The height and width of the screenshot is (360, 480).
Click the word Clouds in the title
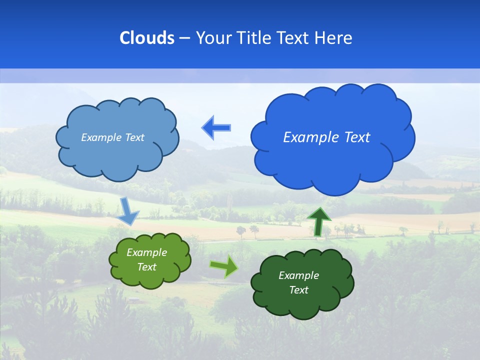[x=147, y=38]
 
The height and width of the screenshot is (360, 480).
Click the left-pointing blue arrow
[x=216, y=127]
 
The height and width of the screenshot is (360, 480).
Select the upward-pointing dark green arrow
[x=319, y=220]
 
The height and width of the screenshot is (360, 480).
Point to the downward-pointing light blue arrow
[x=128, y=210]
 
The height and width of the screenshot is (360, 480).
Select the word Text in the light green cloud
[x=147, y=267]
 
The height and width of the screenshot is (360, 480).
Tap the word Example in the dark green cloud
[x=298, y=275]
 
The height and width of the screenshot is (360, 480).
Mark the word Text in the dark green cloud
[x=298, y=290]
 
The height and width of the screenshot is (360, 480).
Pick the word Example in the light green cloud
[x=147, y=252]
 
